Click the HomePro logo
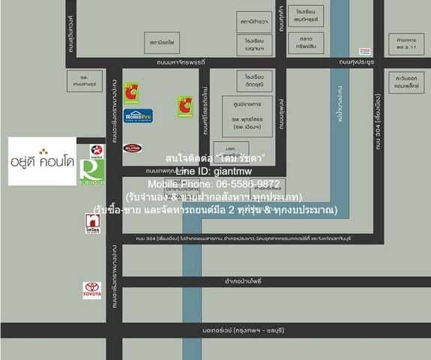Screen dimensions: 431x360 (x=139, y=115)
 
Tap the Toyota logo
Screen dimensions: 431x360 (x=92, y=290)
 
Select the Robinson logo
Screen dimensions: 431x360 (x=96, y=172)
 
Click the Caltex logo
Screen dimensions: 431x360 (x=96, y=150)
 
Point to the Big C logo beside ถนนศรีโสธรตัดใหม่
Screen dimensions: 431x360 (x=184, y=106)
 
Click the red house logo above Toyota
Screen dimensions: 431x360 (x=92, y=223)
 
